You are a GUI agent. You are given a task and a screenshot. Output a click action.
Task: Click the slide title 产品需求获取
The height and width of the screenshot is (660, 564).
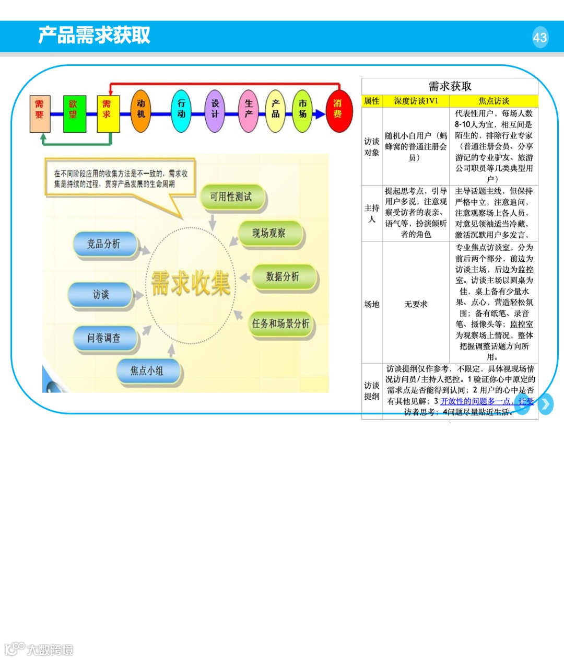pos(94,35)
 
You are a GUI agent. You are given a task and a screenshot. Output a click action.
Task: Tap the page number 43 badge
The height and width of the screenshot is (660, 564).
pos(540,37)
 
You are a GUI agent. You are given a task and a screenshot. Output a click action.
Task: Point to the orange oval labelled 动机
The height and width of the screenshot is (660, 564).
pos(140,110)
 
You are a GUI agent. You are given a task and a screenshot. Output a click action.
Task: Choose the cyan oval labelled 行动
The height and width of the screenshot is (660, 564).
pos(181,110)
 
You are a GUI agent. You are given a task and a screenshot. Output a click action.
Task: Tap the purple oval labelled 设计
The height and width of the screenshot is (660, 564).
pos(215,110)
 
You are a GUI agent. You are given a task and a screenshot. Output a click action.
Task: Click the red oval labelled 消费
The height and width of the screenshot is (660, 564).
pos(338,110)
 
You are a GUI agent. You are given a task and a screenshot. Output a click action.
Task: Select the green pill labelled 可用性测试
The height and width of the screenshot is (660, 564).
pos(231,197)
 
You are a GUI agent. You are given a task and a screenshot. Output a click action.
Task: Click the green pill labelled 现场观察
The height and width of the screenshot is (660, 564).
pos(269,233)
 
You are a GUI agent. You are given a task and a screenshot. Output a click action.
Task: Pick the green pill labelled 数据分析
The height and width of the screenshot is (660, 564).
pos(283,276)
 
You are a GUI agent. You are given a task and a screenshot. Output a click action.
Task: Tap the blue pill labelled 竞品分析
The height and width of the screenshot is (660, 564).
pos(104,244)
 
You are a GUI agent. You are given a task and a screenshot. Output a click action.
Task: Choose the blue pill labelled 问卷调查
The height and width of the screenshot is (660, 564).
pos(104,338)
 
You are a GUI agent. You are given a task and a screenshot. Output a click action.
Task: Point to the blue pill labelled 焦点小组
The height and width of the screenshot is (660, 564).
pos(148,371)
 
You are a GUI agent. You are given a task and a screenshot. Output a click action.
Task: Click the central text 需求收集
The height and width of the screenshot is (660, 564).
pos(191,283)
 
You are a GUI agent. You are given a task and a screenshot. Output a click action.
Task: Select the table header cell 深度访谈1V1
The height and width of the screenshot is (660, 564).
pos(416,101)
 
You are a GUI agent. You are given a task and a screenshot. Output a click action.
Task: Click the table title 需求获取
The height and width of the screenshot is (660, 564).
pos(450,86)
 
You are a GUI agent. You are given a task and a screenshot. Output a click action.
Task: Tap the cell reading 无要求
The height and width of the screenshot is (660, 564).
pos(416,304)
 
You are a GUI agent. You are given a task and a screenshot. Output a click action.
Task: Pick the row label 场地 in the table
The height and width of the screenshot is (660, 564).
pos(372,304)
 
